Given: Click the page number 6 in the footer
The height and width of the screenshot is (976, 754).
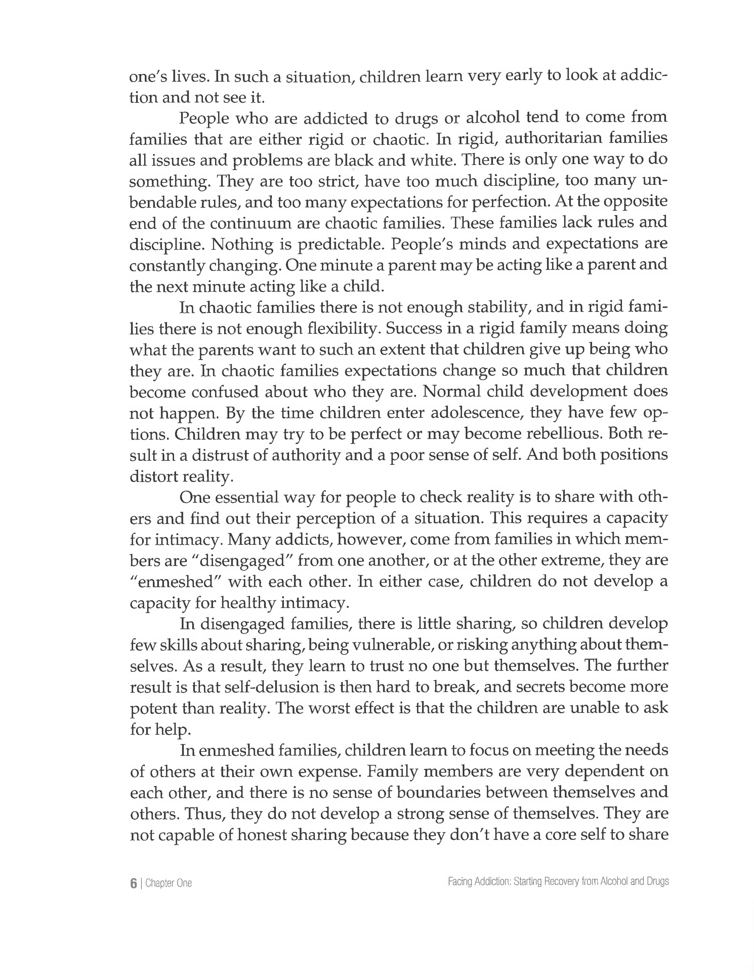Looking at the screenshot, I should point(133,883).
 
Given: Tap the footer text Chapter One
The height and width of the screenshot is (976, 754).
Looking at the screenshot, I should point(168,883).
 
